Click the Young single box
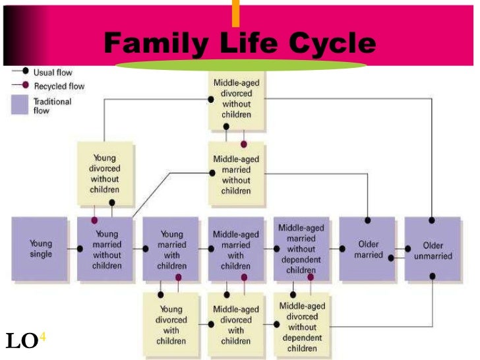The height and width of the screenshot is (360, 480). tap(41, 248)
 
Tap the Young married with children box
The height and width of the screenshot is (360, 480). tap(171, 249)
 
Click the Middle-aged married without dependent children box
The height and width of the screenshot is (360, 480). tap(301, 249)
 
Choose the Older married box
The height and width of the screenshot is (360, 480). tap(367, 249)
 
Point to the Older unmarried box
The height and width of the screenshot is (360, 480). tap(432, 249)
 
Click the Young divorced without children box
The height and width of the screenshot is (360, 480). tap(105, 173)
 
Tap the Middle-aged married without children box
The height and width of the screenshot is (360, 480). tap(235, 173)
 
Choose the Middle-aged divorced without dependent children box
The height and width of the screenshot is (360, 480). tap(301, 323)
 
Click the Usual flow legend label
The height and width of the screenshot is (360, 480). tap(53, 73)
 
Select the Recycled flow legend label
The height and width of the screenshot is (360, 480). tap(59, 86)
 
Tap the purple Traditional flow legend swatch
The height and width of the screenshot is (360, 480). tap(20, 105)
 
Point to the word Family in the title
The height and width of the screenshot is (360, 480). tap(152, 44)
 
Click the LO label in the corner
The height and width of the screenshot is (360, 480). tap(21, 342)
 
